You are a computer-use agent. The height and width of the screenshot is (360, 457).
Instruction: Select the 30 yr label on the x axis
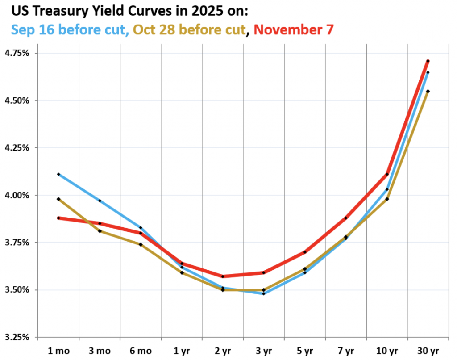click(x=428, y=350)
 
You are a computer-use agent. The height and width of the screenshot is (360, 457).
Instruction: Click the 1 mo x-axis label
click(x=58, y=350)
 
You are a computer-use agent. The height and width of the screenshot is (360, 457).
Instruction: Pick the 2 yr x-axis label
click(x=223, y=350)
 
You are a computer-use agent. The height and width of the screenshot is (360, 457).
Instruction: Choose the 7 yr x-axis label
click(x=345, y=350)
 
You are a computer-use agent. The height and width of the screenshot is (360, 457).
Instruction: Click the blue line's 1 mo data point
click(x=58, y=174)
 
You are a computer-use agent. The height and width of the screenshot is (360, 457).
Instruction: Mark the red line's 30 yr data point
click(x=428, y=61)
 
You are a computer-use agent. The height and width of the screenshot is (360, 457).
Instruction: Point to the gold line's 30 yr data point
click(x=428, y=91)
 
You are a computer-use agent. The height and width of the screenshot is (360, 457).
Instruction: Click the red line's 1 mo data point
click(x=58, y=218)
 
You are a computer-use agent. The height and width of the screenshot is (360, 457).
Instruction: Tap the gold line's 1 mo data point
click(x=58, y=199)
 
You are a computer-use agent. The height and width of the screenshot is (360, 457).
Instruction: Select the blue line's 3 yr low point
click(x=264, y=293)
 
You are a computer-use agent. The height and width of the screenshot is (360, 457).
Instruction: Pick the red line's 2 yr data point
click(x=223, y=276)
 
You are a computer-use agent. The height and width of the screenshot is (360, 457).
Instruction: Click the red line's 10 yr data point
click(x=387, y=174)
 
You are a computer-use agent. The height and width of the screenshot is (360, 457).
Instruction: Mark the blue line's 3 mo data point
click(x=100, y=201)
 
